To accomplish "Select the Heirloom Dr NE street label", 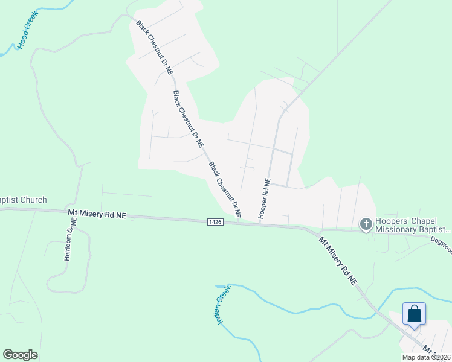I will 69,240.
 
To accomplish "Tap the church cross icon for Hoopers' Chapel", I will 366,224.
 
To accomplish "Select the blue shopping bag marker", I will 414,314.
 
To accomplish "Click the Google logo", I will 21,355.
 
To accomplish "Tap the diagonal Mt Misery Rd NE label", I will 338,260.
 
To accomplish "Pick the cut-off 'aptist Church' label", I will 23,200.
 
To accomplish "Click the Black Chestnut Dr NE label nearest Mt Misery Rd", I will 225,189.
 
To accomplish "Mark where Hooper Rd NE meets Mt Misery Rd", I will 260,224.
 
